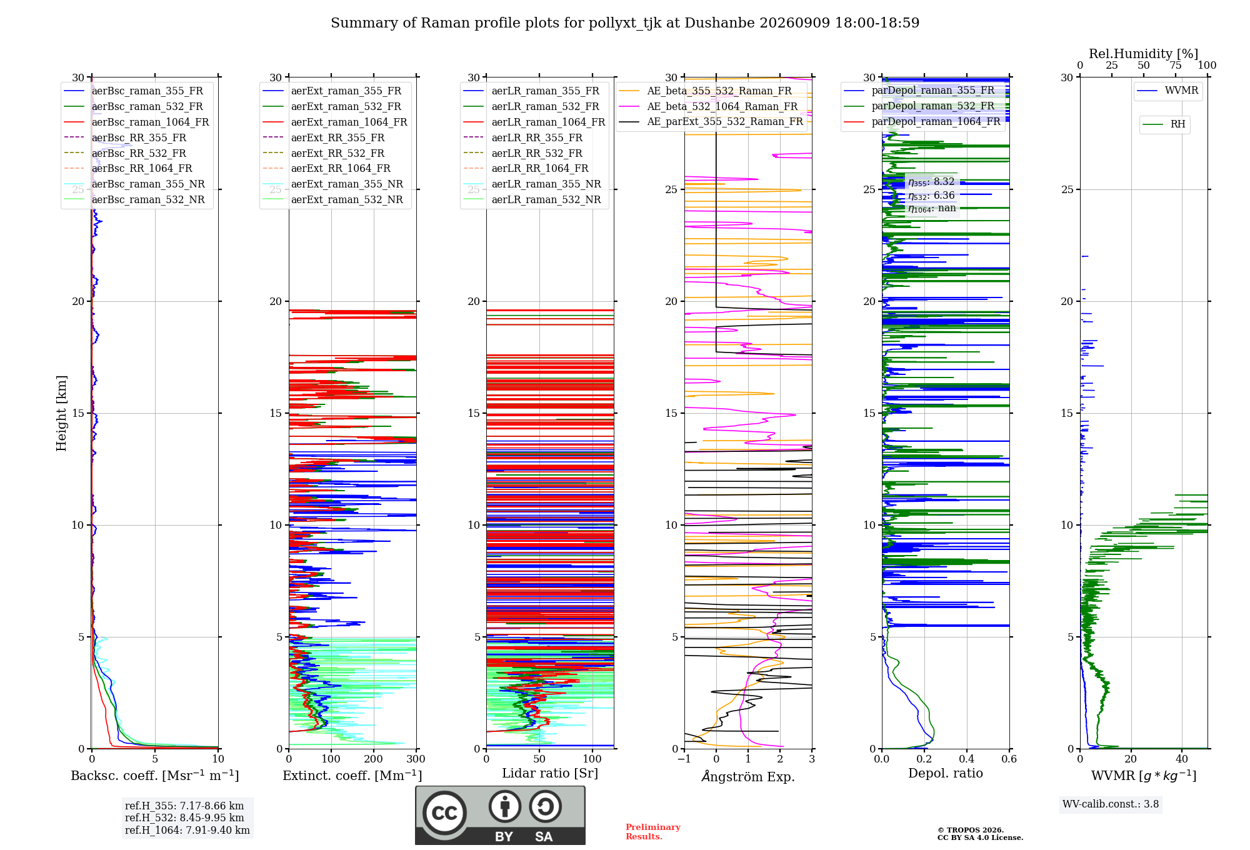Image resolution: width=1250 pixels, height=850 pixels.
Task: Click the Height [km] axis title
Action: [x=61, y=413]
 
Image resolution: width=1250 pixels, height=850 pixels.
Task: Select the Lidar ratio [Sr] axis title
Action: [x=550, y=773]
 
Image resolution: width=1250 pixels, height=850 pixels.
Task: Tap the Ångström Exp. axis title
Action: [x=748, y=776]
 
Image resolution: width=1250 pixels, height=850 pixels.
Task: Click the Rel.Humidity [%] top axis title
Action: [x=1144, y=54]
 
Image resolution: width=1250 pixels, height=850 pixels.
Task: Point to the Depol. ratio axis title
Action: [x=946, y=773]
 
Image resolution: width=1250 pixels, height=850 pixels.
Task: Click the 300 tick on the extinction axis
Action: [x=416, y=759]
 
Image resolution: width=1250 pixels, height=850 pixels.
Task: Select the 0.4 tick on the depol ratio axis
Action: [x=967, y=759]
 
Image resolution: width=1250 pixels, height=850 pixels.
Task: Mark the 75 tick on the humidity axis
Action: [x=1176, y=65]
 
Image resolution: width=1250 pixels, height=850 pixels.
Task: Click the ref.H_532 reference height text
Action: [x=184, y=817]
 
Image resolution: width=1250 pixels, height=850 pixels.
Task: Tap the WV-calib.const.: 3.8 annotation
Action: [x=1111, y=804]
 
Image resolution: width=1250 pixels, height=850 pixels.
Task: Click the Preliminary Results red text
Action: [x=653, y=832]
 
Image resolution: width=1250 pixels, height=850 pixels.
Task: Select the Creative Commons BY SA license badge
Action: [x=501, y=815]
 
